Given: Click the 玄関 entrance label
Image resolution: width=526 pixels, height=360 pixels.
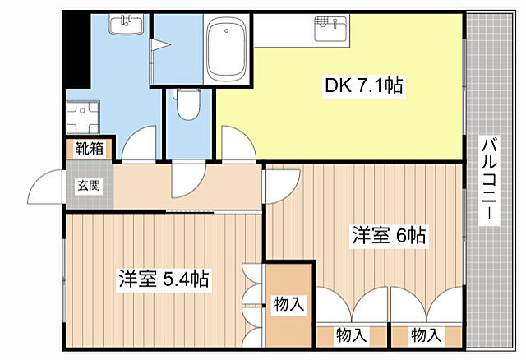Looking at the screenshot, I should coord(89,185).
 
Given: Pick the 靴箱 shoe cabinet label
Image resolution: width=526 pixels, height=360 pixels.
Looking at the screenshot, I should coord(90,149).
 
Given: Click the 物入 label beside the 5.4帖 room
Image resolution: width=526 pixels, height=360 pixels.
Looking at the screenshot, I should coord(288,305).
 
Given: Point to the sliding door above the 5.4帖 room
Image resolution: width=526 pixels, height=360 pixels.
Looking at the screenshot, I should coord(191,211).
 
